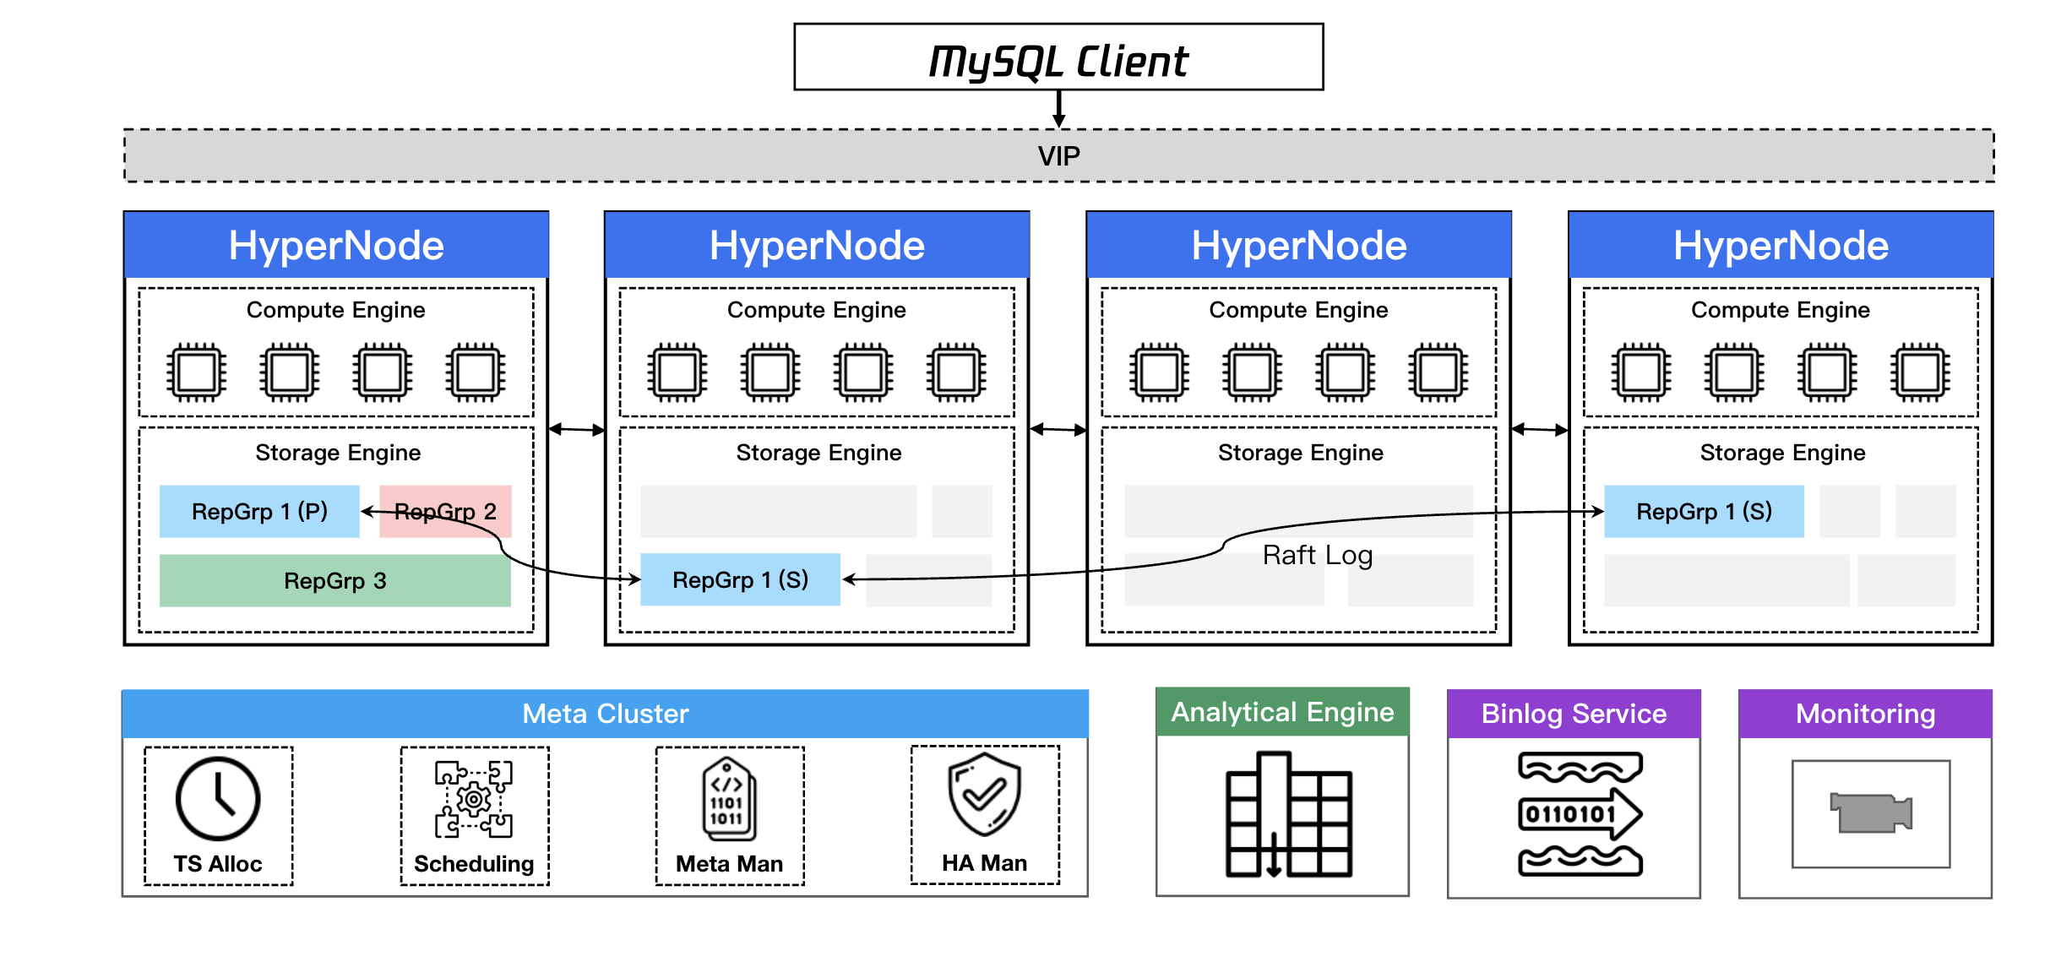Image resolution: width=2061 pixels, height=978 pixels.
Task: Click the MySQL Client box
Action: tap(1058, 57)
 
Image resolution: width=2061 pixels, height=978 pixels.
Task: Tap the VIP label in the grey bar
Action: tap(1058, 156)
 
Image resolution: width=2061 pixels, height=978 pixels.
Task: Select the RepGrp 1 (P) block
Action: tap(259, 512)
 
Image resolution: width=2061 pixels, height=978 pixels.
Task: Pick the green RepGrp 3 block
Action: tap(334, 581)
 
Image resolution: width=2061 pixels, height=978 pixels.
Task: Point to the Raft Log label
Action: tap(1317, 555)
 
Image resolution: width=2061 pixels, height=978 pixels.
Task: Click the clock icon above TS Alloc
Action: tap(218, 799)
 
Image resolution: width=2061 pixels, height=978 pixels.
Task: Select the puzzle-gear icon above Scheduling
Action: tap(474, 799)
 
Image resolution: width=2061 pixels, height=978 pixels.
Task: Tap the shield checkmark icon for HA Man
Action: tap(984, 794)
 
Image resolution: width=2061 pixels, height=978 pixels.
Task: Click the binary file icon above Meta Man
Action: tap(728, 799)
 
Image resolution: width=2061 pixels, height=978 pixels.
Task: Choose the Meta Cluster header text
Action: tap(605, 714)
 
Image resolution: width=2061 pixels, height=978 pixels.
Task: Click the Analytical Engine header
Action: tap(1282, 712)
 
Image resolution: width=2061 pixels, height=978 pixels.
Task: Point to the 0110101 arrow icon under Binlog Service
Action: tap(1580, 814)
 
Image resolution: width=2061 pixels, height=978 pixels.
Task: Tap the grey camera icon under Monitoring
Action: tap(1870, 812)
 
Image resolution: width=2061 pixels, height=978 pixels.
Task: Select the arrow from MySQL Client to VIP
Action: tap(1058, 109)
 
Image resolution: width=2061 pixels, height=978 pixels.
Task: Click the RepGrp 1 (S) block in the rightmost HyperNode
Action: tap(1704, 512)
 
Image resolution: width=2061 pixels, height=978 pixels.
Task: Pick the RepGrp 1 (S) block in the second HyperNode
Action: tap(740, 580)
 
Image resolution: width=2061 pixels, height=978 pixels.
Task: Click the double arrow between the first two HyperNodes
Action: tap(577, 430)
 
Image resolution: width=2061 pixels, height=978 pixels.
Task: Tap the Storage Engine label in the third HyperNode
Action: tap(1300, 453)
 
